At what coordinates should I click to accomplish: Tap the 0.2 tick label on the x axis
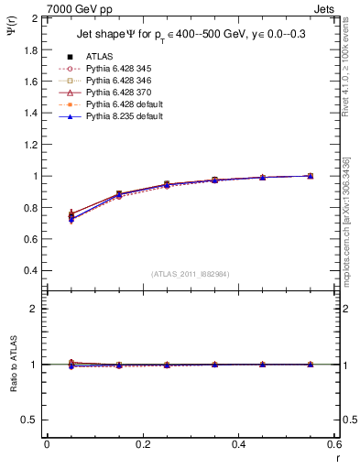(x=142, y=444)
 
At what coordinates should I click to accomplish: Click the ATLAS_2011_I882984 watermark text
(x=190, y=273)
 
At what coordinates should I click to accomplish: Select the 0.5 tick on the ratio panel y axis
(x=30, y=420)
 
